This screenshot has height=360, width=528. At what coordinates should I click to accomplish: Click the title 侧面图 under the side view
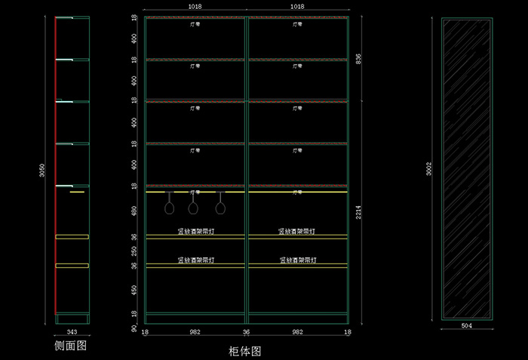click(72, 346)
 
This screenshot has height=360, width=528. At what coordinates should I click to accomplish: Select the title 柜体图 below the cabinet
click(244, 351)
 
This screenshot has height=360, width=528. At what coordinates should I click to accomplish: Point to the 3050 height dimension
click(43, 172)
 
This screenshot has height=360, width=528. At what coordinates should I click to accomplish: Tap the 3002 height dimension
click(429, 170)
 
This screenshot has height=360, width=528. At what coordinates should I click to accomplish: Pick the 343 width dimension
click(72, 332)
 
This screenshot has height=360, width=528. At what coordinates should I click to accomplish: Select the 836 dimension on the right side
click(358, 59)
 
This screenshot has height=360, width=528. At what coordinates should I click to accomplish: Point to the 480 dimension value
click(134, 212)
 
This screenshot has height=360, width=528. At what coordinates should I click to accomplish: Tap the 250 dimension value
click(134, 251)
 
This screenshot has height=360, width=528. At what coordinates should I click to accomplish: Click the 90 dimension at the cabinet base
click(134, 329)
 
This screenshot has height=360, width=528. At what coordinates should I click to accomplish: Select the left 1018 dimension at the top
click(195, 6)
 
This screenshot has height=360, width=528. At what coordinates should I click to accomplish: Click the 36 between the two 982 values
click(246, 331)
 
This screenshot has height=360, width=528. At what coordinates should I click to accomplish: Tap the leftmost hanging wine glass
click(170, 205)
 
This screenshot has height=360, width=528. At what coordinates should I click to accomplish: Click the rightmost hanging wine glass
click(220, 205)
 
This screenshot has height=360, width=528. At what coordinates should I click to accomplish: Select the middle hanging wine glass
click(194, 205)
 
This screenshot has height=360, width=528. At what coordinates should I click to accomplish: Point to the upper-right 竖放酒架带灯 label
click(297, 231)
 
